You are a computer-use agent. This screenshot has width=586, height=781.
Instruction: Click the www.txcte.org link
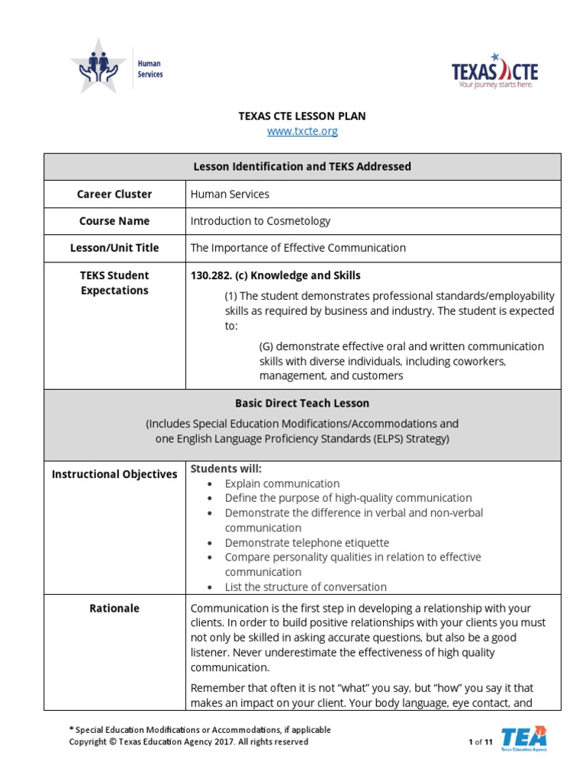click(302, 131)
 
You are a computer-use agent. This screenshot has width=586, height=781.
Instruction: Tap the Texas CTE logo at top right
click(494, 72)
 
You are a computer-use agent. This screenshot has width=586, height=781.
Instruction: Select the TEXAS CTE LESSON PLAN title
click(302, 116)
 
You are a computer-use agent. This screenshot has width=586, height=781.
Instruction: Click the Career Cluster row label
click(114, 194)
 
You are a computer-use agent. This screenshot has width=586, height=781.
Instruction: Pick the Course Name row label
click(114, 221)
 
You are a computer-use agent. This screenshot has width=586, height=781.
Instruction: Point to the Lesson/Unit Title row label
click(114, 248)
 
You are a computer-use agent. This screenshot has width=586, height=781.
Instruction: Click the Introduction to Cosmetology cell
click(260, 221)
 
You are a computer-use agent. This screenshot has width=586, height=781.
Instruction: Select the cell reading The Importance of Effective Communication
click(298, 248)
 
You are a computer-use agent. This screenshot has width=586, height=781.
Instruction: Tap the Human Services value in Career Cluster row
click(230, 194)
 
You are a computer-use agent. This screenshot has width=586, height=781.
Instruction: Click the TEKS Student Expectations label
click(114, 283)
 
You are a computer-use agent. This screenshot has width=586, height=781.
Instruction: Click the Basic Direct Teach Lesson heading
click(302, 403)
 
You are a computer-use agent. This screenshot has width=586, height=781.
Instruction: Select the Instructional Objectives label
click(114, 474)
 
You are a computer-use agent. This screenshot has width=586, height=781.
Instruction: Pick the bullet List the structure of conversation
click(305, 587)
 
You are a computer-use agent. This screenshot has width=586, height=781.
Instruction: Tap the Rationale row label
click(114, 609)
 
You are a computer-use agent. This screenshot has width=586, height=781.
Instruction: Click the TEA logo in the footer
click(523, 738)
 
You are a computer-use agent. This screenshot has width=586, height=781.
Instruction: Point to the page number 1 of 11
click(480, 742)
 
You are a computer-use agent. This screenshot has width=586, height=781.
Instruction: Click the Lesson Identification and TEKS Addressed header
click(302, 166)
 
